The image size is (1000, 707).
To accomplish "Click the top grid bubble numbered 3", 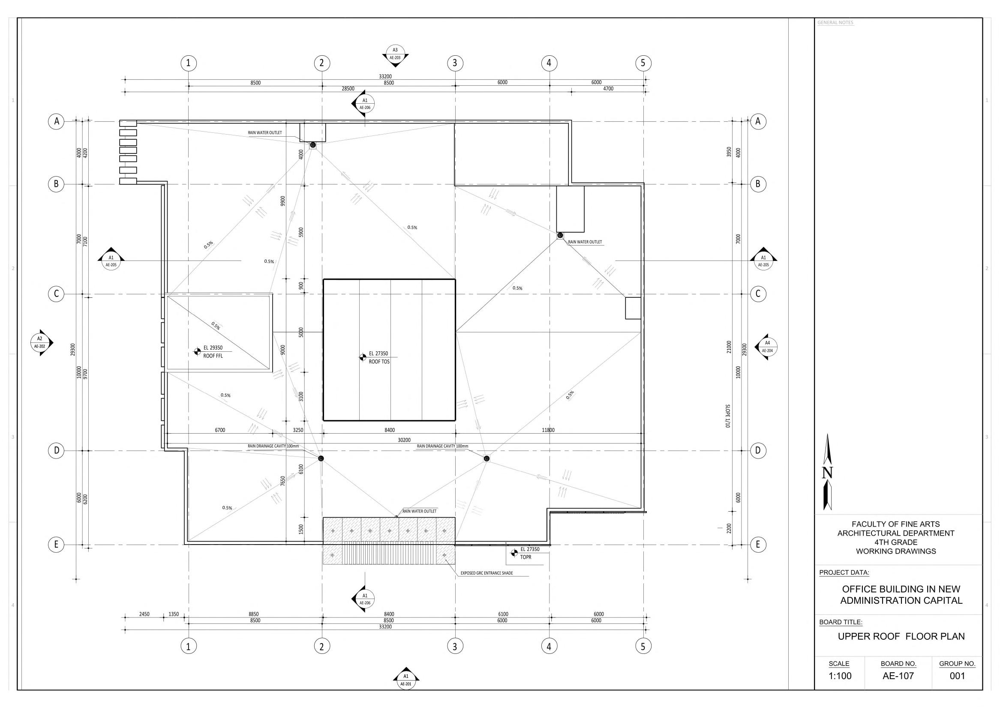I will [x=455, y=63].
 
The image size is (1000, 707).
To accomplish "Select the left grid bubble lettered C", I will [x=56, y=294].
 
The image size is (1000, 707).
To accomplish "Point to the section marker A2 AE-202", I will [x=39, y=343].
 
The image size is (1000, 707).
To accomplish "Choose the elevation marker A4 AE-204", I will [x=767, y=347].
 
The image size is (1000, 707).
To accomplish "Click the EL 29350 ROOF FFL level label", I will [x=213, y=352].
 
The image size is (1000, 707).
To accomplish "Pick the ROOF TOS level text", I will [x=379, y=362].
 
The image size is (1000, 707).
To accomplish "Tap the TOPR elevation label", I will [x=525, y=557].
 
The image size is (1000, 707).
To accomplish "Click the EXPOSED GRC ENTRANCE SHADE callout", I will [x=486, y=573].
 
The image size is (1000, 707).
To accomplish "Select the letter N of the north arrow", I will [x=828, y=473].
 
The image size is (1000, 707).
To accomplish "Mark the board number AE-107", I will [x=898, y=676].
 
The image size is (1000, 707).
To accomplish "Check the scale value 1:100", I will [x=840, y=676].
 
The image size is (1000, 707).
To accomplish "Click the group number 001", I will [x=957, y=676].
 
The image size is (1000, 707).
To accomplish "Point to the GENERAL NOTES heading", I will [x=835, y=23].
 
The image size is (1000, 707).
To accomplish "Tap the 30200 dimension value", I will [x=404, y=440].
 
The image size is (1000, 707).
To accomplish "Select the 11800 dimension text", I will [x=548, y=430].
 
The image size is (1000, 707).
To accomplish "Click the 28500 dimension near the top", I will [x=348, y=89].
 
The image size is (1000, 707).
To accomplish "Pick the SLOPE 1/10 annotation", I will [x=728, y=416].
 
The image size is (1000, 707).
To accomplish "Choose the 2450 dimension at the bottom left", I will [x=144, y=614].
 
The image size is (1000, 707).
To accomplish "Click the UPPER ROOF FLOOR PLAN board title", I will [x=901, y=636].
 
